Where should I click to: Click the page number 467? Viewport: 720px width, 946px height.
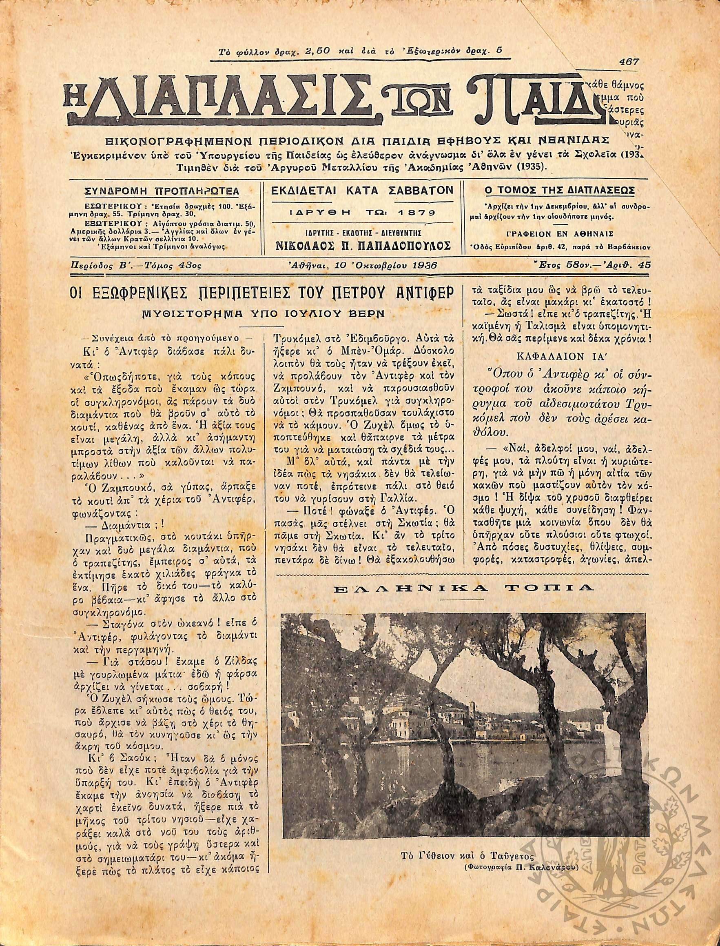point(629,62)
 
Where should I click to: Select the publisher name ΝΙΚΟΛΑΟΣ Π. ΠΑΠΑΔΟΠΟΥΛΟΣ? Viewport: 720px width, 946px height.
point(362,246)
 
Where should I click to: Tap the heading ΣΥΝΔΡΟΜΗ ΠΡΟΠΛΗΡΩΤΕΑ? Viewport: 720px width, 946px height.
point(161,190)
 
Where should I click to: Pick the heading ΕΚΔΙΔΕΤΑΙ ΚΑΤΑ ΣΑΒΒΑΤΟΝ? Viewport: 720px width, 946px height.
point(362,190)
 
